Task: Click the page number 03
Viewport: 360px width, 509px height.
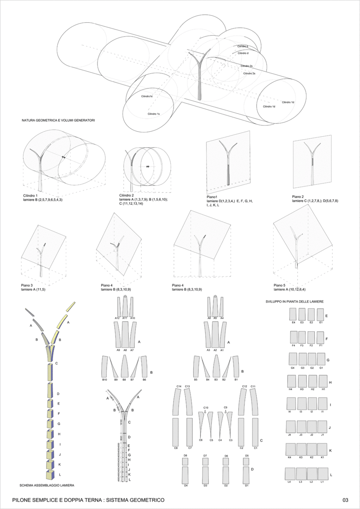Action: (x=345, y=499)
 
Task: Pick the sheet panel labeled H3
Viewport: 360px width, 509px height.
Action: (x=302, y=381)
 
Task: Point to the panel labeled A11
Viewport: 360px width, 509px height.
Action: (x=125, y=307)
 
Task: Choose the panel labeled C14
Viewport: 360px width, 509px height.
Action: (x=177, y=402)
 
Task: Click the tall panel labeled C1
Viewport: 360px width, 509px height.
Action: (x=255, y=431)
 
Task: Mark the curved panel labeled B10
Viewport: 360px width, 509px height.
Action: (x=105, y=366)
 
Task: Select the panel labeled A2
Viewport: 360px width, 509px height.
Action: (x=216, y=335)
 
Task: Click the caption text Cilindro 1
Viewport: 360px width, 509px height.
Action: (x=31, y=196)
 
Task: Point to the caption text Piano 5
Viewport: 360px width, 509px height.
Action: (x=281, y=286)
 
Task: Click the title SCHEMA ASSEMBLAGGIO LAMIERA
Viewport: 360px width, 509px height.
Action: (x=47, y=485)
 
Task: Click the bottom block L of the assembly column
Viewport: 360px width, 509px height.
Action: (x=50, y=474)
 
